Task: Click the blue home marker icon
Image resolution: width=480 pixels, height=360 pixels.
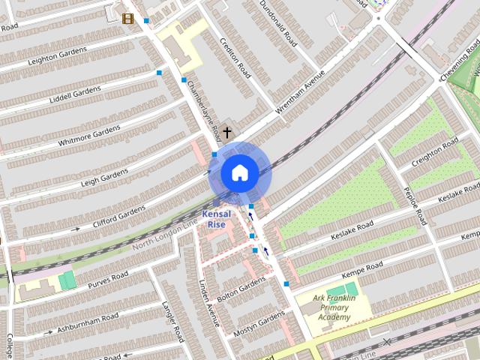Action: pyautogui.click(x=239, y=173)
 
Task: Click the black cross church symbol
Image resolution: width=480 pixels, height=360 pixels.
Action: pyautogui.click(x=226, y=132)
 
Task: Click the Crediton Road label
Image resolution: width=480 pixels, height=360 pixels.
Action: pyautogui.click(x=234, y=52)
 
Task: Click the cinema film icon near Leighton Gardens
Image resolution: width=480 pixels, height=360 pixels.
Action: pyautogui.click(x=128, y=19)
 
